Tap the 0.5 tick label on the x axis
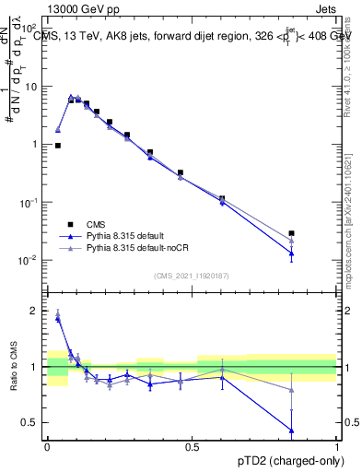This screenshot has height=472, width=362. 192,447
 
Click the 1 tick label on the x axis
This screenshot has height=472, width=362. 337,447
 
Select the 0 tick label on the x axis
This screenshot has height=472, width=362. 47,447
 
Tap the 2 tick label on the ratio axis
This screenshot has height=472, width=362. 36,311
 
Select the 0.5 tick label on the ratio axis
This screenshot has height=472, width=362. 31,422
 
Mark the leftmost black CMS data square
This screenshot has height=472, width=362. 58,145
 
